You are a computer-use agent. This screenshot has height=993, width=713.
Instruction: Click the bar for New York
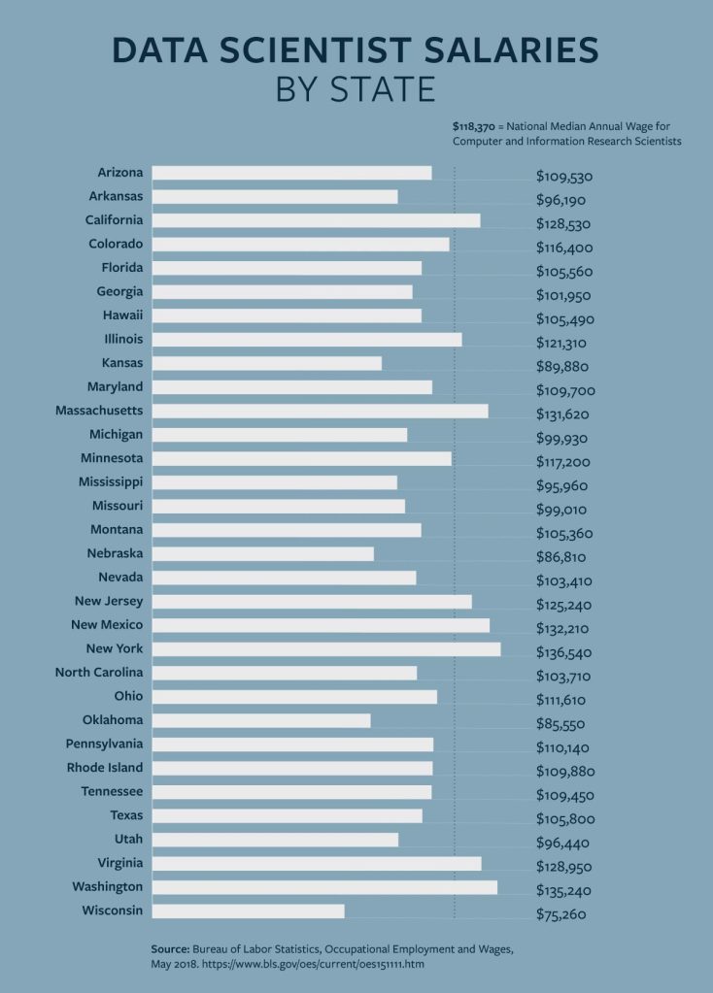(326, 648)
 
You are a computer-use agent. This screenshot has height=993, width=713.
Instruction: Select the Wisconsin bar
(248, 910)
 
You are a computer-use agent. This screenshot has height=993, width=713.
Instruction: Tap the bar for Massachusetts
(320, 411)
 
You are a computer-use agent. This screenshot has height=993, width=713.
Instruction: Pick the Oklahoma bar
(261, 720)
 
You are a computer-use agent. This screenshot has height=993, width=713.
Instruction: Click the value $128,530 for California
(564, 224)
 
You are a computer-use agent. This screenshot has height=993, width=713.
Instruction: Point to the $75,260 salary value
(561, 914)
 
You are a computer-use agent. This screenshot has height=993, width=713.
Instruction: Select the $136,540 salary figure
(564, 652)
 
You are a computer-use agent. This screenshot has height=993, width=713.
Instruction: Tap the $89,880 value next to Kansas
(562, 367)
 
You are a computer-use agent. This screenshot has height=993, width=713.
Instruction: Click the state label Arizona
(120, 173)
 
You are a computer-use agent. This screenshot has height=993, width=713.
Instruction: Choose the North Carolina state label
(99, 673)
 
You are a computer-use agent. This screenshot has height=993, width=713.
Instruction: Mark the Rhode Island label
(105, 768)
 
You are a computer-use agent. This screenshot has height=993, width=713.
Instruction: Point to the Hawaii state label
(122, 315)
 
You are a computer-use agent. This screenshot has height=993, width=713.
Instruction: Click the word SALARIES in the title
(490, 50)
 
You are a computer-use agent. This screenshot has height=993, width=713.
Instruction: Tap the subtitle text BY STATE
(356, 89)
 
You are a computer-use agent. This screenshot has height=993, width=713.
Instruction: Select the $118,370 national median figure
(474, 126)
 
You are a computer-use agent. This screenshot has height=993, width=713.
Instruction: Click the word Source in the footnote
(169, 948)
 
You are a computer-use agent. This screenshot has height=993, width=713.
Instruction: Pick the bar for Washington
(324, 886)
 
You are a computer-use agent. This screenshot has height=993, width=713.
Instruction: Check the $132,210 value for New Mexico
(564, 629)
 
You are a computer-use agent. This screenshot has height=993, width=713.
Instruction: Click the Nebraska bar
(262, 553)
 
